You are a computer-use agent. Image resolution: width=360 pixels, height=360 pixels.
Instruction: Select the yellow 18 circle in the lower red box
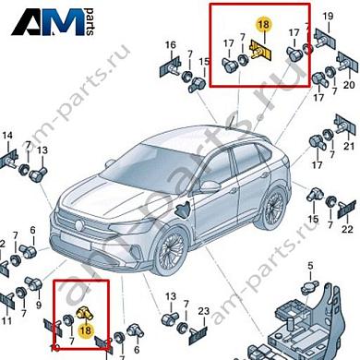(x=85, y=330)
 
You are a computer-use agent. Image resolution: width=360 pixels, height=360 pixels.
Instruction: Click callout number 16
(x=170, y=45)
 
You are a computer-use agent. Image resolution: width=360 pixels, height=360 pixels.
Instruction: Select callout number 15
(x=205, y=61)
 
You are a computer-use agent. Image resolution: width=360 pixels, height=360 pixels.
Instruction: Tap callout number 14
(x=7, y=138)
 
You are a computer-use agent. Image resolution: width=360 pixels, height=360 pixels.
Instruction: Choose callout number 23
(x=203, y=311)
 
